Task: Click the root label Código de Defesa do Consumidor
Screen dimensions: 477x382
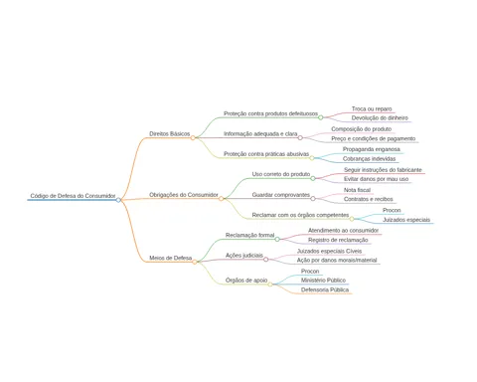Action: pos(73,196)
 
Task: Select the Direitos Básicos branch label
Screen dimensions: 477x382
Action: pos(170,133)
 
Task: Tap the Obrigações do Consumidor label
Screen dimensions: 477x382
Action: pos(184,195)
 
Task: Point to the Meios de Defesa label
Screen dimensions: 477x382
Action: pos(171,258)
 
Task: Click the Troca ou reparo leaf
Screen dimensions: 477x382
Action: pos(372,108)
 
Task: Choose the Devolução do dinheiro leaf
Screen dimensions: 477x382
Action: pos(380,117)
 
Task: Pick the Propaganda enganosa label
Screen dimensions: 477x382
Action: pos(372,149)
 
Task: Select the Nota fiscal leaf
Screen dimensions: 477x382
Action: pos(357,190)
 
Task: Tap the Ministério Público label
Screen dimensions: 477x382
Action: pos(323,281)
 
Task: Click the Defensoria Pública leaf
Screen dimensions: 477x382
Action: pos(325,289)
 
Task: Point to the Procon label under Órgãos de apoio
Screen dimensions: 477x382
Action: pos(310,272)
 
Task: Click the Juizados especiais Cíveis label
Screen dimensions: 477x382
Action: pos(329,251)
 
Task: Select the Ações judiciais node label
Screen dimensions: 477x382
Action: pos(244,256)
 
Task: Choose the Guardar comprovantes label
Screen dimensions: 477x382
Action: pos(281,195)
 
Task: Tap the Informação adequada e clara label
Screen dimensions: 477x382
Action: pos(260,133)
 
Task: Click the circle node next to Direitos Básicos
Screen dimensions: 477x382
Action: pos(193,137)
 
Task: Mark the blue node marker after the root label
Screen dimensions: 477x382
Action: pos(118,200)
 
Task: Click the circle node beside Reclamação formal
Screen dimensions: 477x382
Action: pos(277,239)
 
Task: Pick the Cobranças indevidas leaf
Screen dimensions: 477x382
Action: pos(369,159)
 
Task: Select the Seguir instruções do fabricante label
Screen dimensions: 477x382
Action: pos(383,170)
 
